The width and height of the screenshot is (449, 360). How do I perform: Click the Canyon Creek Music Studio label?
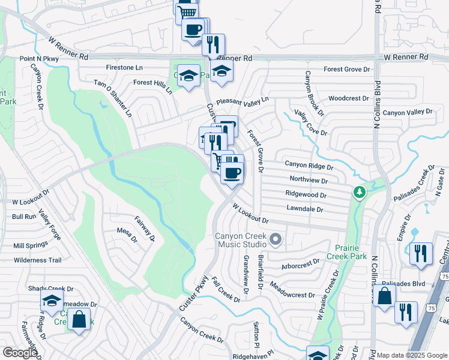point(241,240)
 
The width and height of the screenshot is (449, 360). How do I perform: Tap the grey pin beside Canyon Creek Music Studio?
point(276,240)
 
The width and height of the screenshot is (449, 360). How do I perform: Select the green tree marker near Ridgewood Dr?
point(360,193)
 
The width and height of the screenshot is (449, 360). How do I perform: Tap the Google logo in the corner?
point(20,353)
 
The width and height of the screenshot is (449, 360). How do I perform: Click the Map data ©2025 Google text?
point(412,355)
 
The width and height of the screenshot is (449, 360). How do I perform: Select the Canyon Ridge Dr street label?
point(309,165)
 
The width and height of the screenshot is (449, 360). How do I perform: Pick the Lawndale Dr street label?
point(305,209)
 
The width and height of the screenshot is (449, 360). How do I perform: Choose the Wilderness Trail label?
point(38,260)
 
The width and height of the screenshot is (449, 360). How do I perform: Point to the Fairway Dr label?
point(145,229)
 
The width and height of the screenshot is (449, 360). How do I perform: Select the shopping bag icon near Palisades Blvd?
point(384,295)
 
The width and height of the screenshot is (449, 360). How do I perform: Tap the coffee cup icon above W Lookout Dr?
point(232,173)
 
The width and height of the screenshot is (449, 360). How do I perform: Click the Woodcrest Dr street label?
point(349,98)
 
